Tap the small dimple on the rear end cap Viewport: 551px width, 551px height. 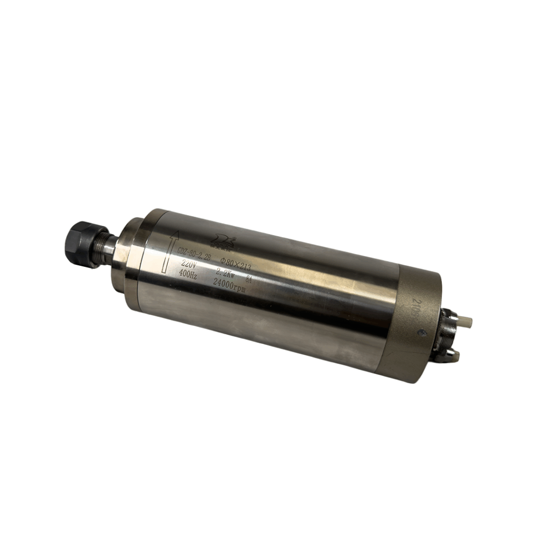click(423, 332)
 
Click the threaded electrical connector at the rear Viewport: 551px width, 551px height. click(447, 336)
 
